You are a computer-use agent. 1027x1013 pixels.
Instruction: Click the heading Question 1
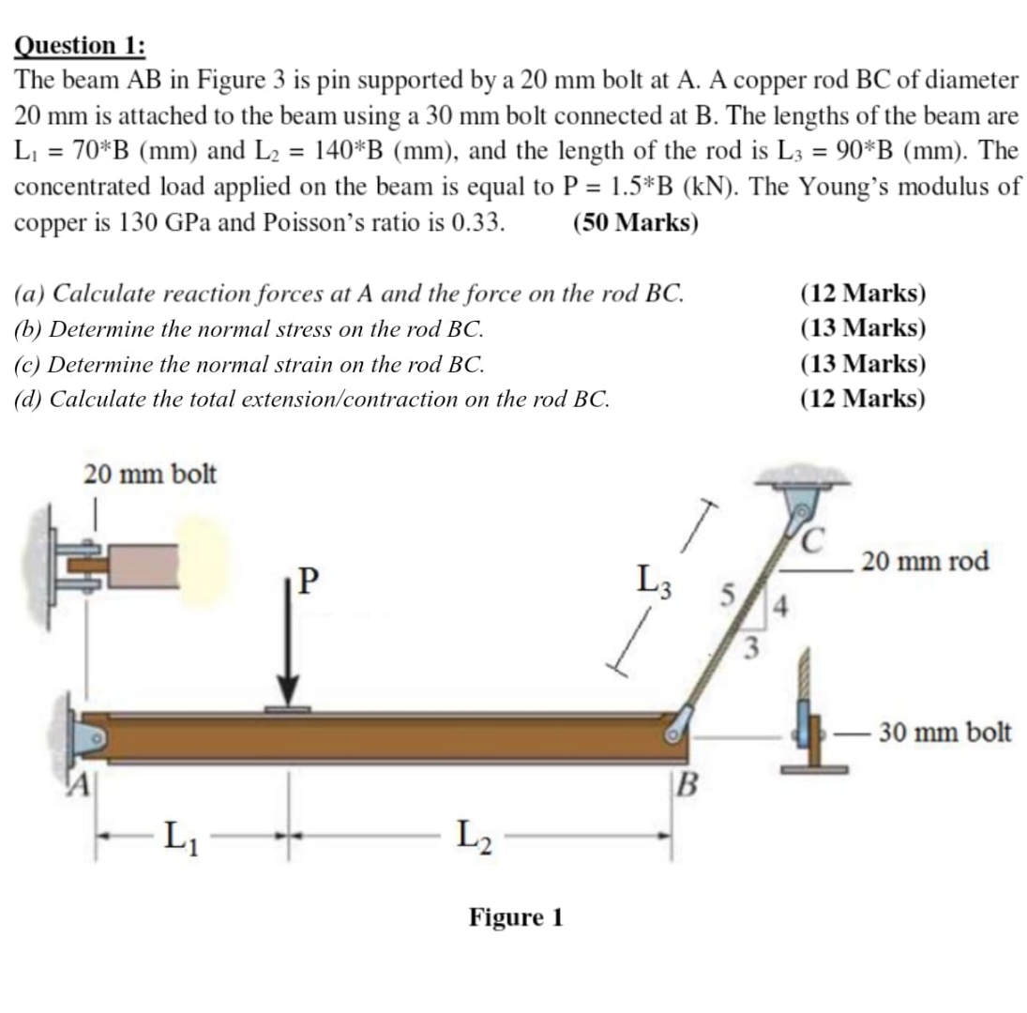pyautogui.click(x=80, y=46)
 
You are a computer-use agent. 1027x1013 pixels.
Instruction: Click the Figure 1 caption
pyautogui.click(x=516, y=916)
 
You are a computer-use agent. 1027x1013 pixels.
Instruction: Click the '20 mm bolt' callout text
pyautogui.click(x=150, y=475)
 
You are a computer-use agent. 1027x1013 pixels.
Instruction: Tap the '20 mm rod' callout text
pyautogui.click(x=925, y=562)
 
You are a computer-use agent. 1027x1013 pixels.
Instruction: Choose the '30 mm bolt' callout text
pyautogui.click(x=944, y=732)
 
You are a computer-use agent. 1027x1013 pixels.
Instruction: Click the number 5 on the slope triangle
pyautogui.click(x=722, y=594)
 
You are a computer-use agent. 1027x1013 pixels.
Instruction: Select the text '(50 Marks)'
pyautogui.click(x=633, y=224)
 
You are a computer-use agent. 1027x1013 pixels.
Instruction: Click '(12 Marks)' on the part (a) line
pyautogui.click(x=863, y=294)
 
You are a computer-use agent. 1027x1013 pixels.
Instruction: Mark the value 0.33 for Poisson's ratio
pyautogui.click(x=478, y=224)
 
